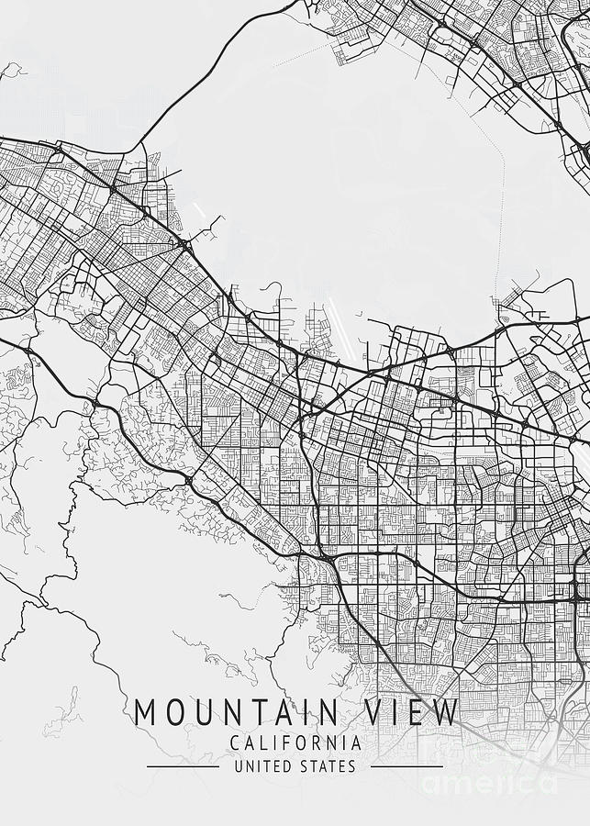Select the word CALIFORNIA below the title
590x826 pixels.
(296, 742)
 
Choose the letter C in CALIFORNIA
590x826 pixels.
(237, 742)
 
